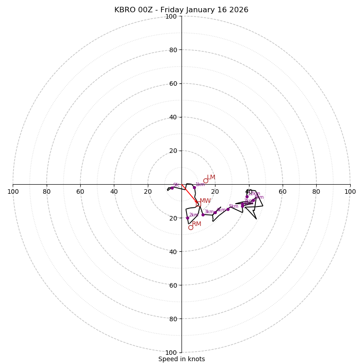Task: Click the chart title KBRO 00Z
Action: pyautogui.click(x=181, y=10)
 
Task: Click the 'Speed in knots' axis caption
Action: pyautogui.click(x=181, y=359)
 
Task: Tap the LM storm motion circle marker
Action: pyautogui.click(x=206, y=181)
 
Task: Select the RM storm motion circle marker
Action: pyautogui.click(x=191, y=227)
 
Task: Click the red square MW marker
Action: pyautogui.click(x=198, y=204)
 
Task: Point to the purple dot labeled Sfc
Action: pyautogui.click(x=172, y=188)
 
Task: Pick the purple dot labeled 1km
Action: pyautogui.click(x=194, y=187)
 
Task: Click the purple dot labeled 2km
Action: pyautogui.click(x=187, y=218)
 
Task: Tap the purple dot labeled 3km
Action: pyautogui.click(x=203, y=215)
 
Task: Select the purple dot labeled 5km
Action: pyautogui.click(x=228, y=209)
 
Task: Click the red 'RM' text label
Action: pyautogui.click(x=196, y=224)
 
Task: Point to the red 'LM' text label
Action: pyautogui.click(x=211, y=177)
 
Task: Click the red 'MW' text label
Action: pyautogui.click(x=205, y=201)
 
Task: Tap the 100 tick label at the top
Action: pyautogui.click(x=171, y=17)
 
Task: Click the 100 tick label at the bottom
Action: pyautogui.click(x=171, y=353)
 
